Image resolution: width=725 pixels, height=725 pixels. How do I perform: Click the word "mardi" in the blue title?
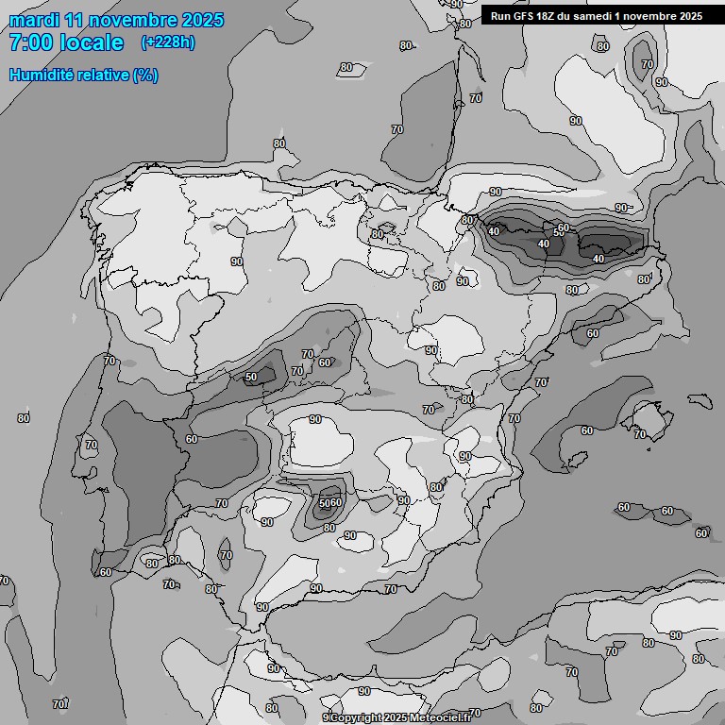(x=32, y=20)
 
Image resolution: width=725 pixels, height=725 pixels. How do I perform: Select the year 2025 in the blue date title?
(x=203, y=20)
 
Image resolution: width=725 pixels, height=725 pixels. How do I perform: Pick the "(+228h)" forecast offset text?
(x=168, y=42)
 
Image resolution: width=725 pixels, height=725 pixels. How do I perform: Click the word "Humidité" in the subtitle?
(x=40, y=75)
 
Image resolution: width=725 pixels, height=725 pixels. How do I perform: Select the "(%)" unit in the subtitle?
(x=145, y=75)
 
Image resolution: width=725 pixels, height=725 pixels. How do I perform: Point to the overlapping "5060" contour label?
(x=329, y=502)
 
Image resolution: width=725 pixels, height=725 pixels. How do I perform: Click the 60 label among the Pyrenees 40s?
(x=564, y=228)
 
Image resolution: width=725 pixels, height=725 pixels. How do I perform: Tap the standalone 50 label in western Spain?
(x=250, y=377)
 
